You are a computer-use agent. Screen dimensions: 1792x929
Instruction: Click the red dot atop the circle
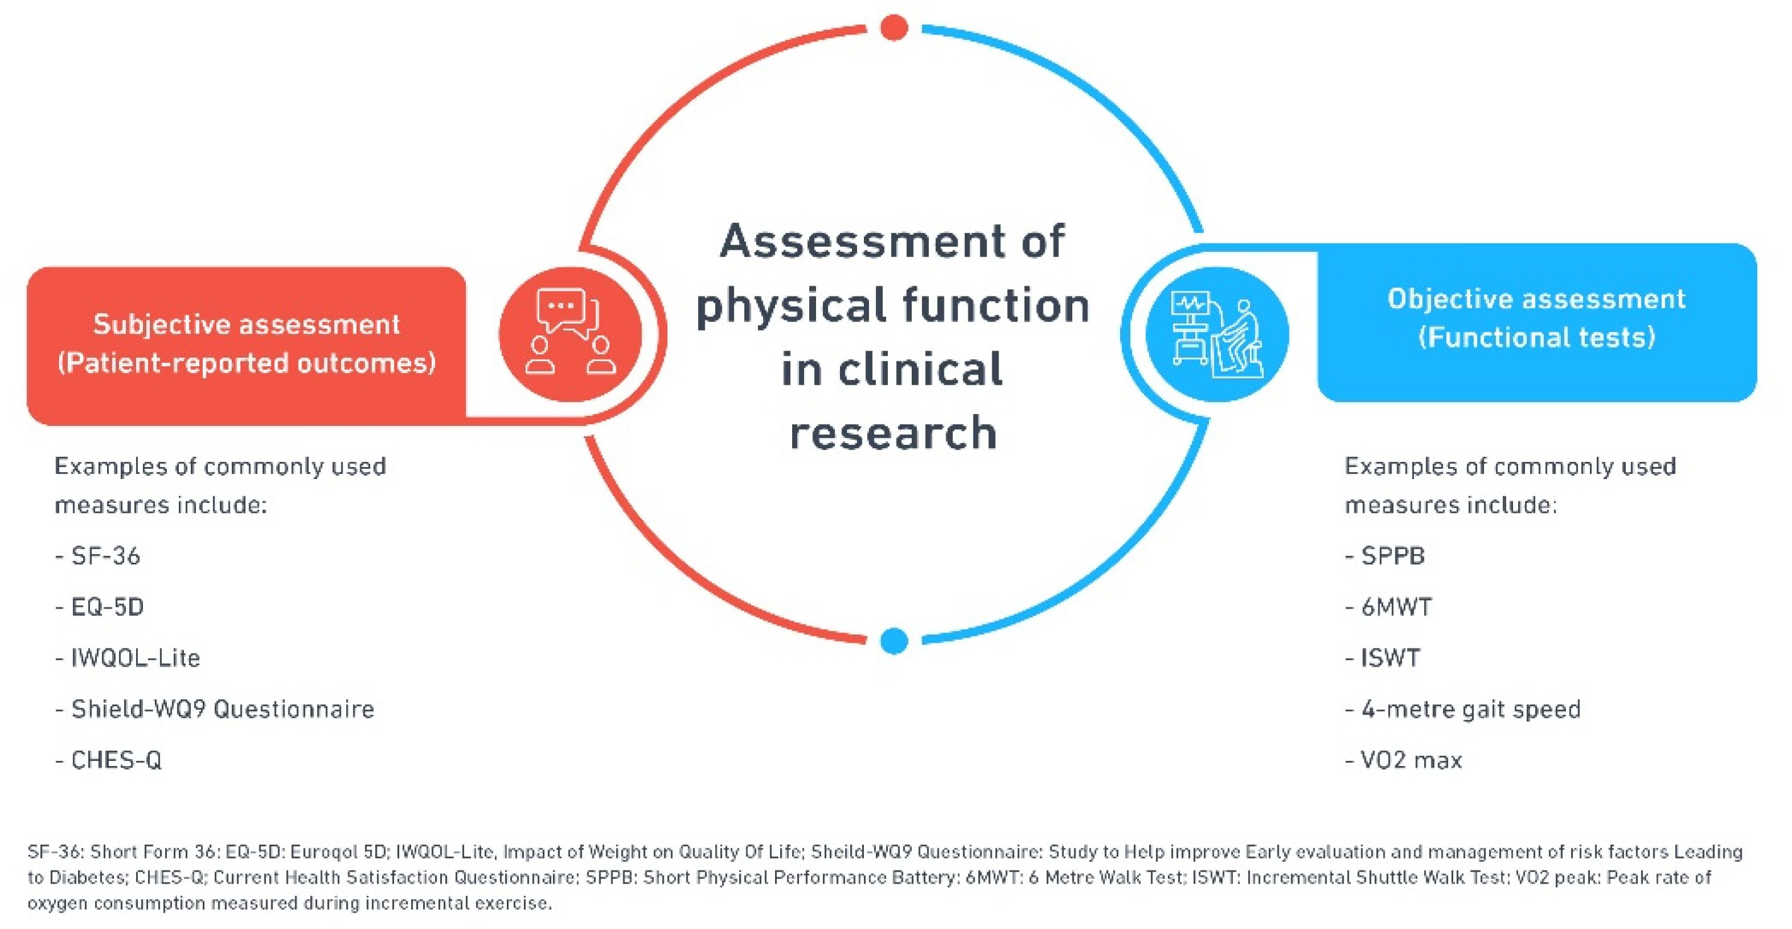tap(894, 28)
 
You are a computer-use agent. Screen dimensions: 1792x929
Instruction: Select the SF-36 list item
tap(98, 556)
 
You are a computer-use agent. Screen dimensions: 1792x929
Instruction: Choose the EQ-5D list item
tap(99, 607)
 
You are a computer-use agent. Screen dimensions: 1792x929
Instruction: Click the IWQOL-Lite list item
tap(127, 658)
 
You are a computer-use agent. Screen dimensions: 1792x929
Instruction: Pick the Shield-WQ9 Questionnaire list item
tap(214, 709)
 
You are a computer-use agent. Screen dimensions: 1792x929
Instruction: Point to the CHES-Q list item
tap(108, 760)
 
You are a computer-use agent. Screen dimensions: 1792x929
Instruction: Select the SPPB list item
tap(1385, 556)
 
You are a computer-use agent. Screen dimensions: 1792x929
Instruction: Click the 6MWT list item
tap(1388, 607)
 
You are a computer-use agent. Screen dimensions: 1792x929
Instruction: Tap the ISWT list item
tap(1382, 658)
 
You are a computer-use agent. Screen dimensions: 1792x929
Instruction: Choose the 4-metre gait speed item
tap(1462, 710)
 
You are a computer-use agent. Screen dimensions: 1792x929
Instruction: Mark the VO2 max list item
tap(1403, 760)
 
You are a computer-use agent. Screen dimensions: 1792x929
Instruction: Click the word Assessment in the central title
tap(863, 241)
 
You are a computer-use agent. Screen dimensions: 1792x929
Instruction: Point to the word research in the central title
tap(893, 432)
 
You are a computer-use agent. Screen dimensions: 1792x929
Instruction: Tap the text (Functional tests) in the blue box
tap(1537, 338)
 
